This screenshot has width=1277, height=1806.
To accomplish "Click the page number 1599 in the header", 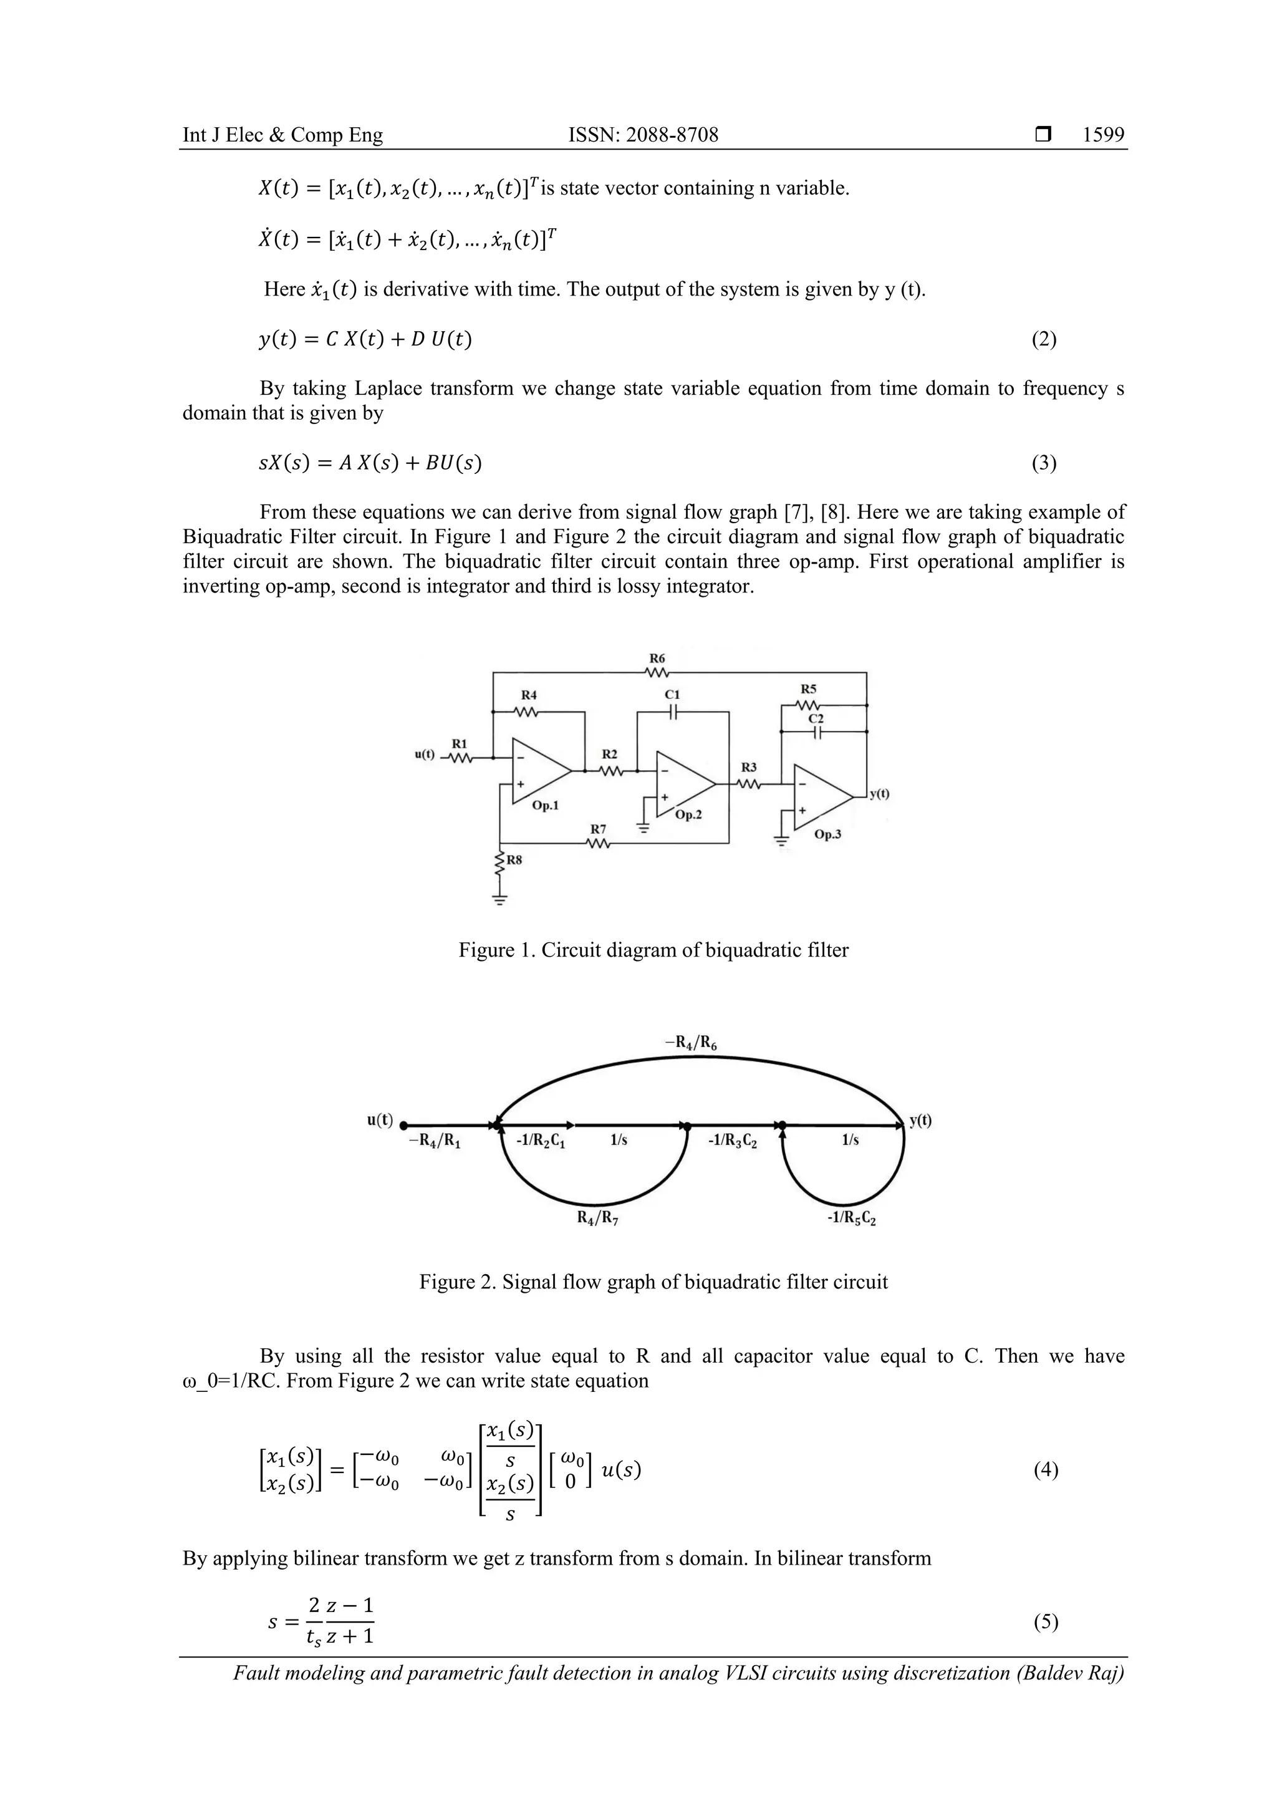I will click(1103, 135).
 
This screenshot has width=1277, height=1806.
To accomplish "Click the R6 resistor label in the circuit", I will click(657, 657).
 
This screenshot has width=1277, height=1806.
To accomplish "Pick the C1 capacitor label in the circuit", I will click(672, 695).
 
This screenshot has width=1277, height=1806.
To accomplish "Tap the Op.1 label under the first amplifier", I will click(545, 806).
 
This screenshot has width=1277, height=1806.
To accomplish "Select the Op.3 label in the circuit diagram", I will click(827, 834).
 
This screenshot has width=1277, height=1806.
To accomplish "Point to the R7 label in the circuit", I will click(599, 829).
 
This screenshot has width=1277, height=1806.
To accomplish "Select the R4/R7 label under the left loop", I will click(597, 1219).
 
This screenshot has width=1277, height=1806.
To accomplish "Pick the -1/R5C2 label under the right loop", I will click(852, 1219).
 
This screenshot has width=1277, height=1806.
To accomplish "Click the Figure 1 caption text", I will click(653, 950).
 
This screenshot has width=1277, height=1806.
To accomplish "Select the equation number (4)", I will click(1046, 1470).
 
